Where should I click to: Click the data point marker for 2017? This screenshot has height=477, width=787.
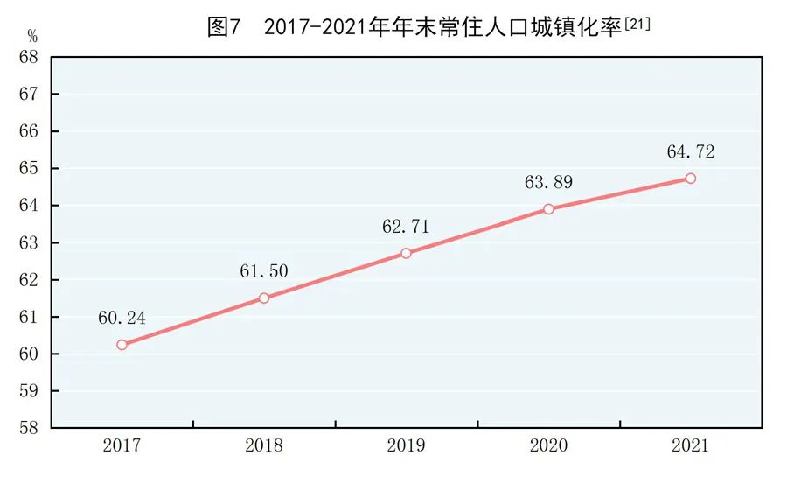[x=122, y=345]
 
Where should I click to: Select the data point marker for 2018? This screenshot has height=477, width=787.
[x=263, y=298]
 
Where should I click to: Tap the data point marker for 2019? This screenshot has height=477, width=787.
[x=406, y=253]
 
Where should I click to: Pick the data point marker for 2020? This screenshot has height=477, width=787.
[x=548, y=209]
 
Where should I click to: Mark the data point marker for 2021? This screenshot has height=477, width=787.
[x=690, y=178]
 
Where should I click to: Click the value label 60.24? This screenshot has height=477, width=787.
[x=122, y=318]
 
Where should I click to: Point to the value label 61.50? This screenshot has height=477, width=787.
[x=263, y=271]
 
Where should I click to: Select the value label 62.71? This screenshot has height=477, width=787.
[x=406, y=227]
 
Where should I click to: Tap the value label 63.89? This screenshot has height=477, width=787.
[x=548, y=183]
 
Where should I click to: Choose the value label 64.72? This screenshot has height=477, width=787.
[x=690, y=151]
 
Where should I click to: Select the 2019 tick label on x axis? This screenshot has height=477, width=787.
[x=406, y=446]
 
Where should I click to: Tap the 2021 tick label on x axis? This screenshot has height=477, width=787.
[x=690, y=446]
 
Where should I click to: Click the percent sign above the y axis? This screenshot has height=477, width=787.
[x=32, y=37]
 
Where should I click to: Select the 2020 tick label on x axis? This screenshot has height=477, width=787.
[x=548, y=446]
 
